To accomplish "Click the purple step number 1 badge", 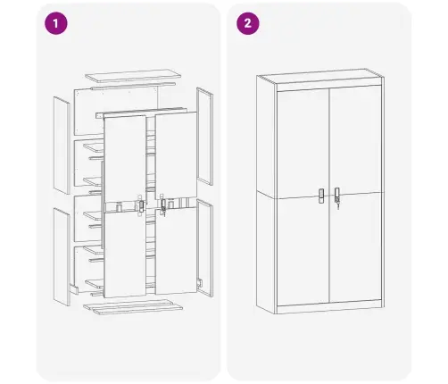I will coord(56,24).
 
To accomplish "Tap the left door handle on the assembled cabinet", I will coord(322,196).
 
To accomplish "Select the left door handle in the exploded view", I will coord(140,205).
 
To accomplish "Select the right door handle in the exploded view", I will coord(163,205).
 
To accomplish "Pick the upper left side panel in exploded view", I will coord(62,143).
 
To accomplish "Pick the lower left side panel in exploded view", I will coord(61,255).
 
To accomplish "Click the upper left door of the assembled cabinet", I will coord(303,143).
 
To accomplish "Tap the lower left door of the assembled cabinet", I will coord(303,250).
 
